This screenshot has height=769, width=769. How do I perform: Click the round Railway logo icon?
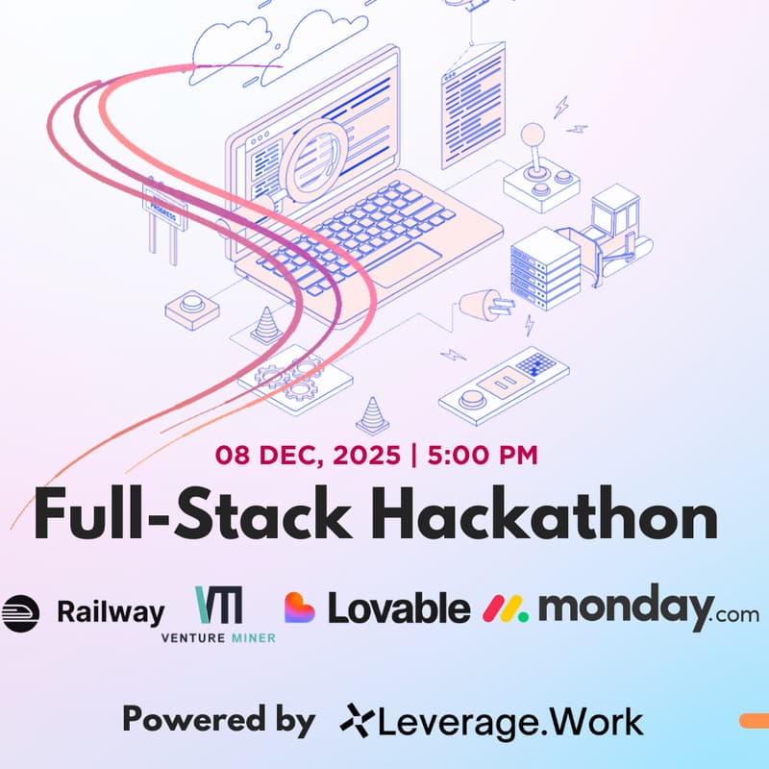[x=20, y=612]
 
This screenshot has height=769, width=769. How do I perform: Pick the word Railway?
[x=111, y=611]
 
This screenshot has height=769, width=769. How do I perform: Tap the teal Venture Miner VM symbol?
[x=219, y=605]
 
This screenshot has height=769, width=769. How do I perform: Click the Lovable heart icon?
[x=300, y=608]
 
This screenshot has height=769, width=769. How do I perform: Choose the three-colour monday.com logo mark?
[x=506, y=608]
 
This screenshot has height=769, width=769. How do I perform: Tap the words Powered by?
[x=218, y=718]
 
